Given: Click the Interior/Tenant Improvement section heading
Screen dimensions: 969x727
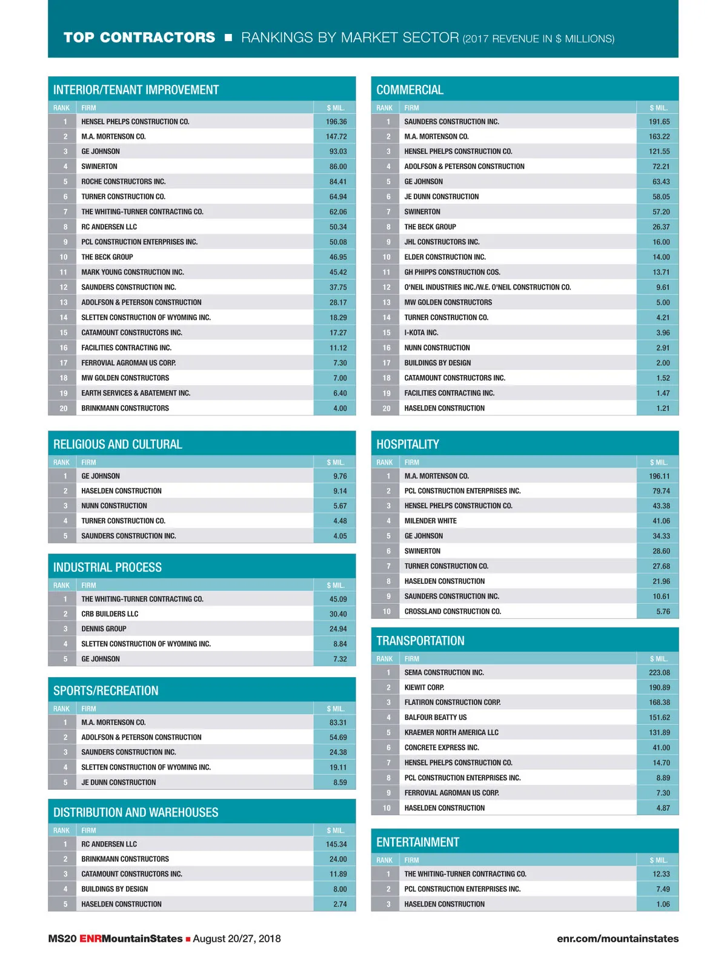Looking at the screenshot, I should coord(136,90).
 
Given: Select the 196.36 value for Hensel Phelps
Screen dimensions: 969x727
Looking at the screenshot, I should coord(336,122).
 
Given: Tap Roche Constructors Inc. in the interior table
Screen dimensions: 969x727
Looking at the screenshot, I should coord(124,182).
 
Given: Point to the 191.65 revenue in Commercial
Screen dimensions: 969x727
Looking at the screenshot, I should coord(659,122).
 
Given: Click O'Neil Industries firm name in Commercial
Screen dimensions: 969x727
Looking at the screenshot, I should coord(488,287).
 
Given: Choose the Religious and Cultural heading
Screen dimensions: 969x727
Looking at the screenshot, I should coord(118,444).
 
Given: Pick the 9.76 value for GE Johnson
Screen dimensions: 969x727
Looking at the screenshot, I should coord(340,476).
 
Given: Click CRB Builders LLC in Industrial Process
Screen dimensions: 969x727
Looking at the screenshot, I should coord(110,614).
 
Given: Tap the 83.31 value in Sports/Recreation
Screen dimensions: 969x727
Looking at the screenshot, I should coord(338,723).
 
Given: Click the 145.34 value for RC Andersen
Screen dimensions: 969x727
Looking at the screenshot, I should coord(336,844).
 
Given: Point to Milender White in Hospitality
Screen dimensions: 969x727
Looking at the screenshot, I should coord(431,521).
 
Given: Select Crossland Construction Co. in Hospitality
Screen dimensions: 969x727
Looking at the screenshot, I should coord(453,612).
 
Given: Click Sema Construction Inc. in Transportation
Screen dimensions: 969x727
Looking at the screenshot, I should coord(444,672).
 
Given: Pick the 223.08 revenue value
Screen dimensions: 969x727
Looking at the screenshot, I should coord(659,672).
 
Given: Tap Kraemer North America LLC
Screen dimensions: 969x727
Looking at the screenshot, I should coord(451,732).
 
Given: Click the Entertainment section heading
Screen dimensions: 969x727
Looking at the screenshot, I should coord(417,842).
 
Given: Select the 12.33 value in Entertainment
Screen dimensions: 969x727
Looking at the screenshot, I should coord(661,874).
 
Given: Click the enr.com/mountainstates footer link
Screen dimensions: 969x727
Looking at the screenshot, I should coord(617,939).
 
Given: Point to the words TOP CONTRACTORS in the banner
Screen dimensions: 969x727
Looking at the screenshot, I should coord(139,38).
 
